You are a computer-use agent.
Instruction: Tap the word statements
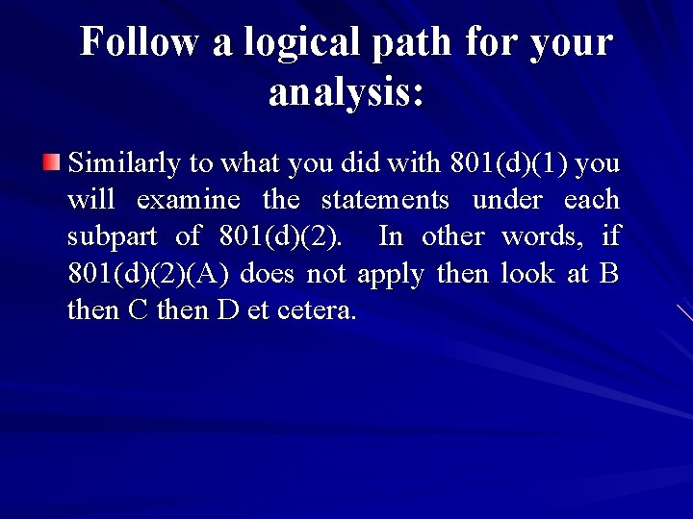[x=385, y=200]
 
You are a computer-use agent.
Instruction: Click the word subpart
[x=107, y=236]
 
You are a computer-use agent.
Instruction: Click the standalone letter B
[x=609, y=274]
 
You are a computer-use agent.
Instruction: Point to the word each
[x=592, y=200]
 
